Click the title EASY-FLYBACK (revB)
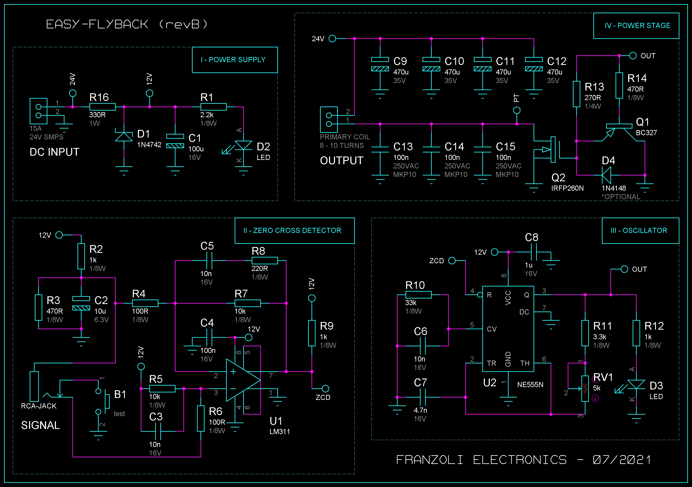click(x=127, y=24)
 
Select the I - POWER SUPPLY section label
click(x=233, y=60)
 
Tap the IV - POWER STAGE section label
click(x=638, y=26)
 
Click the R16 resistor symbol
click(x=102, y=107)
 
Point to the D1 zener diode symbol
click(x=124, y=136)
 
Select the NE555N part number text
click(x=530, y=385)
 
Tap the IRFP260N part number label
click(x=567, y=188)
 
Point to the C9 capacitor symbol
click(x=380, y=64)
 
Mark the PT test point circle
click(x=516, y=110)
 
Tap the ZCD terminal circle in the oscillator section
click(x=452, y=261)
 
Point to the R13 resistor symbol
click(x=576, y=94)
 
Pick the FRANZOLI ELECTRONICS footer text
click(x=481, y=460)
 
